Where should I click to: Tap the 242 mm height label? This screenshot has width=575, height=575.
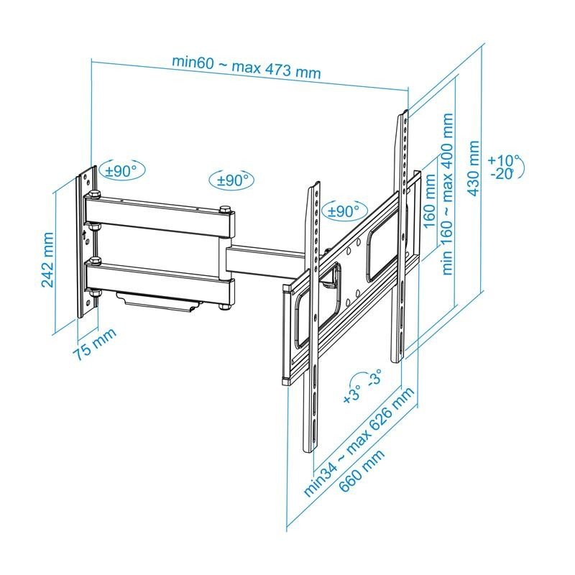[x=48, y=259]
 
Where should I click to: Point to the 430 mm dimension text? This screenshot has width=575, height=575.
[x=474, y=167]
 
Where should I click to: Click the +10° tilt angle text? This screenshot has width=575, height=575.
[x=502, y=160]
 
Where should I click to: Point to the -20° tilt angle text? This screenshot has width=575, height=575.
[x=503, y=174]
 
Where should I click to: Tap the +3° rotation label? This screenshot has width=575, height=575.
[x=352, y=394]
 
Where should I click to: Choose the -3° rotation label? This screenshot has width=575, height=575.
[x=374, y=379]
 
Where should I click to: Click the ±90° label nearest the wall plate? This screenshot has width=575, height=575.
[x=121, y=171]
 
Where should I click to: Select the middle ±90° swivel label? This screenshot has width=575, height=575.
[x=231, y=180]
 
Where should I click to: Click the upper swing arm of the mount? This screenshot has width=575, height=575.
[x=158, y=221]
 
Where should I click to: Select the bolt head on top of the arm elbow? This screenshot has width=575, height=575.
[x=226, y=209]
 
